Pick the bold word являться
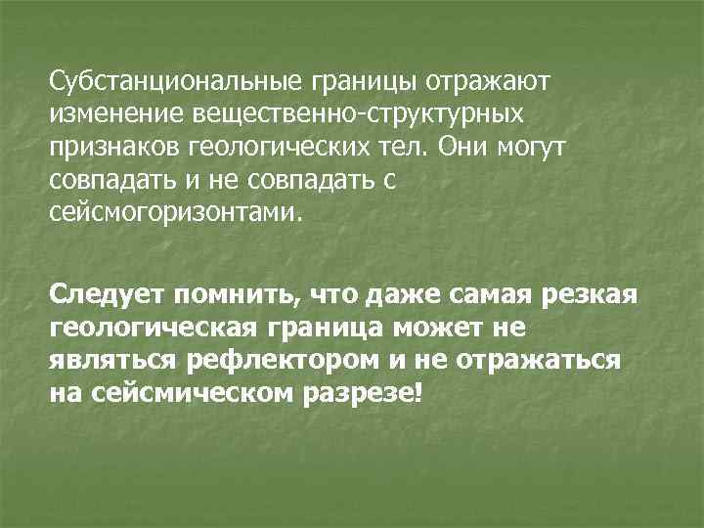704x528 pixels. pyautogui.click(x=112, y=361)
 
